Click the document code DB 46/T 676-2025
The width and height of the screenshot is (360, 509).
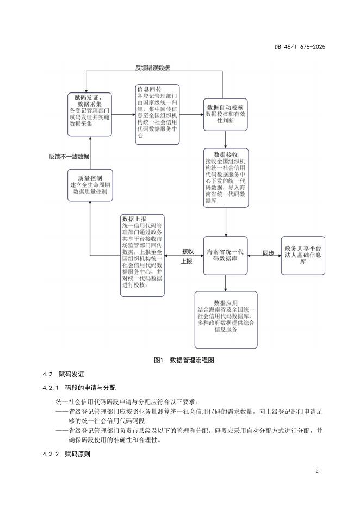click(300, 47)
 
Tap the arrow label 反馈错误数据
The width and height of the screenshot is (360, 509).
click(152, 67)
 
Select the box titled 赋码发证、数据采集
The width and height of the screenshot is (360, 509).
click(90, 115)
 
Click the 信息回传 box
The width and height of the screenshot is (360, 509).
click(157, 115)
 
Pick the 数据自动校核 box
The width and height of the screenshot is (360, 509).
click(225, 115)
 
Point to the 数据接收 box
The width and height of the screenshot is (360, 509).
click(226, 178)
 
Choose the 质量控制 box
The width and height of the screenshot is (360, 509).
click(90, 185)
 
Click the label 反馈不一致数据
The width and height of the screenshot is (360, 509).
click(69, 157)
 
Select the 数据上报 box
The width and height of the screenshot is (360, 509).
click(142, 255)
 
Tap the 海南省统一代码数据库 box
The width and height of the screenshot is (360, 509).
click(225, 256)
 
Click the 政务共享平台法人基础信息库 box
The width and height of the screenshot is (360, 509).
click(303, 256)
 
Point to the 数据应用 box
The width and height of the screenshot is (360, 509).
click(226, 320)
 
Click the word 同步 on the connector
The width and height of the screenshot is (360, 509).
click(268, 253)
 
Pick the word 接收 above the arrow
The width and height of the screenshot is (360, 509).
click(188, 251)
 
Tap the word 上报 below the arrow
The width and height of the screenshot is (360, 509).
click(187, 262)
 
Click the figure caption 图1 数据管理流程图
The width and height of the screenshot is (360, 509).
click(184, 360)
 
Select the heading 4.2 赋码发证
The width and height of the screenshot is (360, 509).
click(63, 374)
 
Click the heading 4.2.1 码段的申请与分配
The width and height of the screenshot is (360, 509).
click(79, 388)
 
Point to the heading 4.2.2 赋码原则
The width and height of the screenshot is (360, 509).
click(66, 454)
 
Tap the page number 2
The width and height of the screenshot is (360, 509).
click(317, 471)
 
